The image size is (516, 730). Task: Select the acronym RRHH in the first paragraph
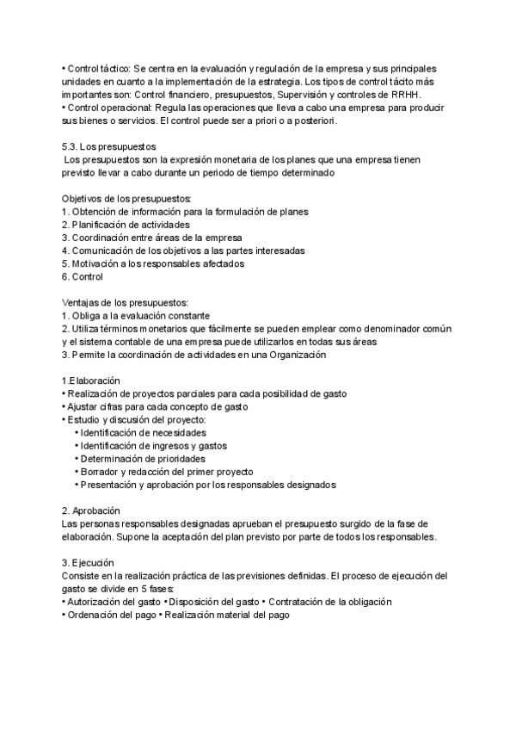pos(419,94)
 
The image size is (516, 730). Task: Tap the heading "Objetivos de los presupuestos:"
pos(127,199)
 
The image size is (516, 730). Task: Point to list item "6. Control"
pos(83,276)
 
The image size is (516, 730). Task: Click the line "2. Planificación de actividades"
pos(126,225)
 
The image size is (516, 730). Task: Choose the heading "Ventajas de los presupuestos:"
pos(126,302)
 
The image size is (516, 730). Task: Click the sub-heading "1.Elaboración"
pos(91,380)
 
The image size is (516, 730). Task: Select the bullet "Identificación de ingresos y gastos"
pos(155,445)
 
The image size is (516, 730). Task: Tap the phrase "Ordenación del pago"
pos(111,615)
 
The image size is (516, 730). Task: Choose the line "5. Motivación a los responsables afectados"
pos(153,263)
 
